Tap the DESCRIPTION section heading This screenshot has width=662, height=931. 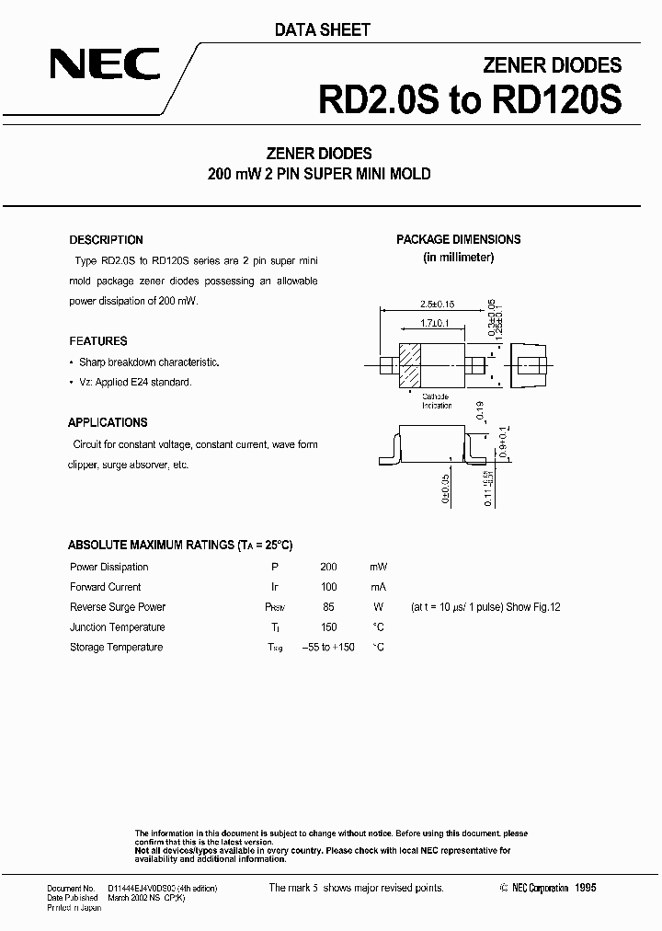pyautogui.click(x=107, y=240)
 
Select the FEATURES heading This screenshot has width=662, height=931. pyautogui.click(x=97, y=341)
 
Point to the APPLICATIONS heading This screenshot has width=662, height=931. pyautogui.click(x=108, y=423)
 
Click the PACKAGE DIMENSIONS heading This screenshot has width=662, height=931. pyautogui.click(x=458, y=239)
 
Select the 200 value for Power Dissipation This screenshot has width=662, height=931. pyautogui.click(x=328, y=568)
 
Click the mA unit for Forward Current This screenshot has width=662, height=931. pyautogui.click(x=378, y=587)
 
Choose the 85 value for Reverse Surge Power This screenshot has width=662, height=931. pyautogui.click(x=328, y=607)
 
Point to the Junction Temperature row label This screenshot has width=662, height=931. pyautogui.click(x=117, y=627)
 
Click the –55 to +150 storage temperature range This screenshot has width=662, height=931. pyautogui.click(x=328, y=648)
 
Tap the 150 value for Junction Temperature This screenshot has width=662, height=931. pyautogui.click(x=328, y=627)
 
